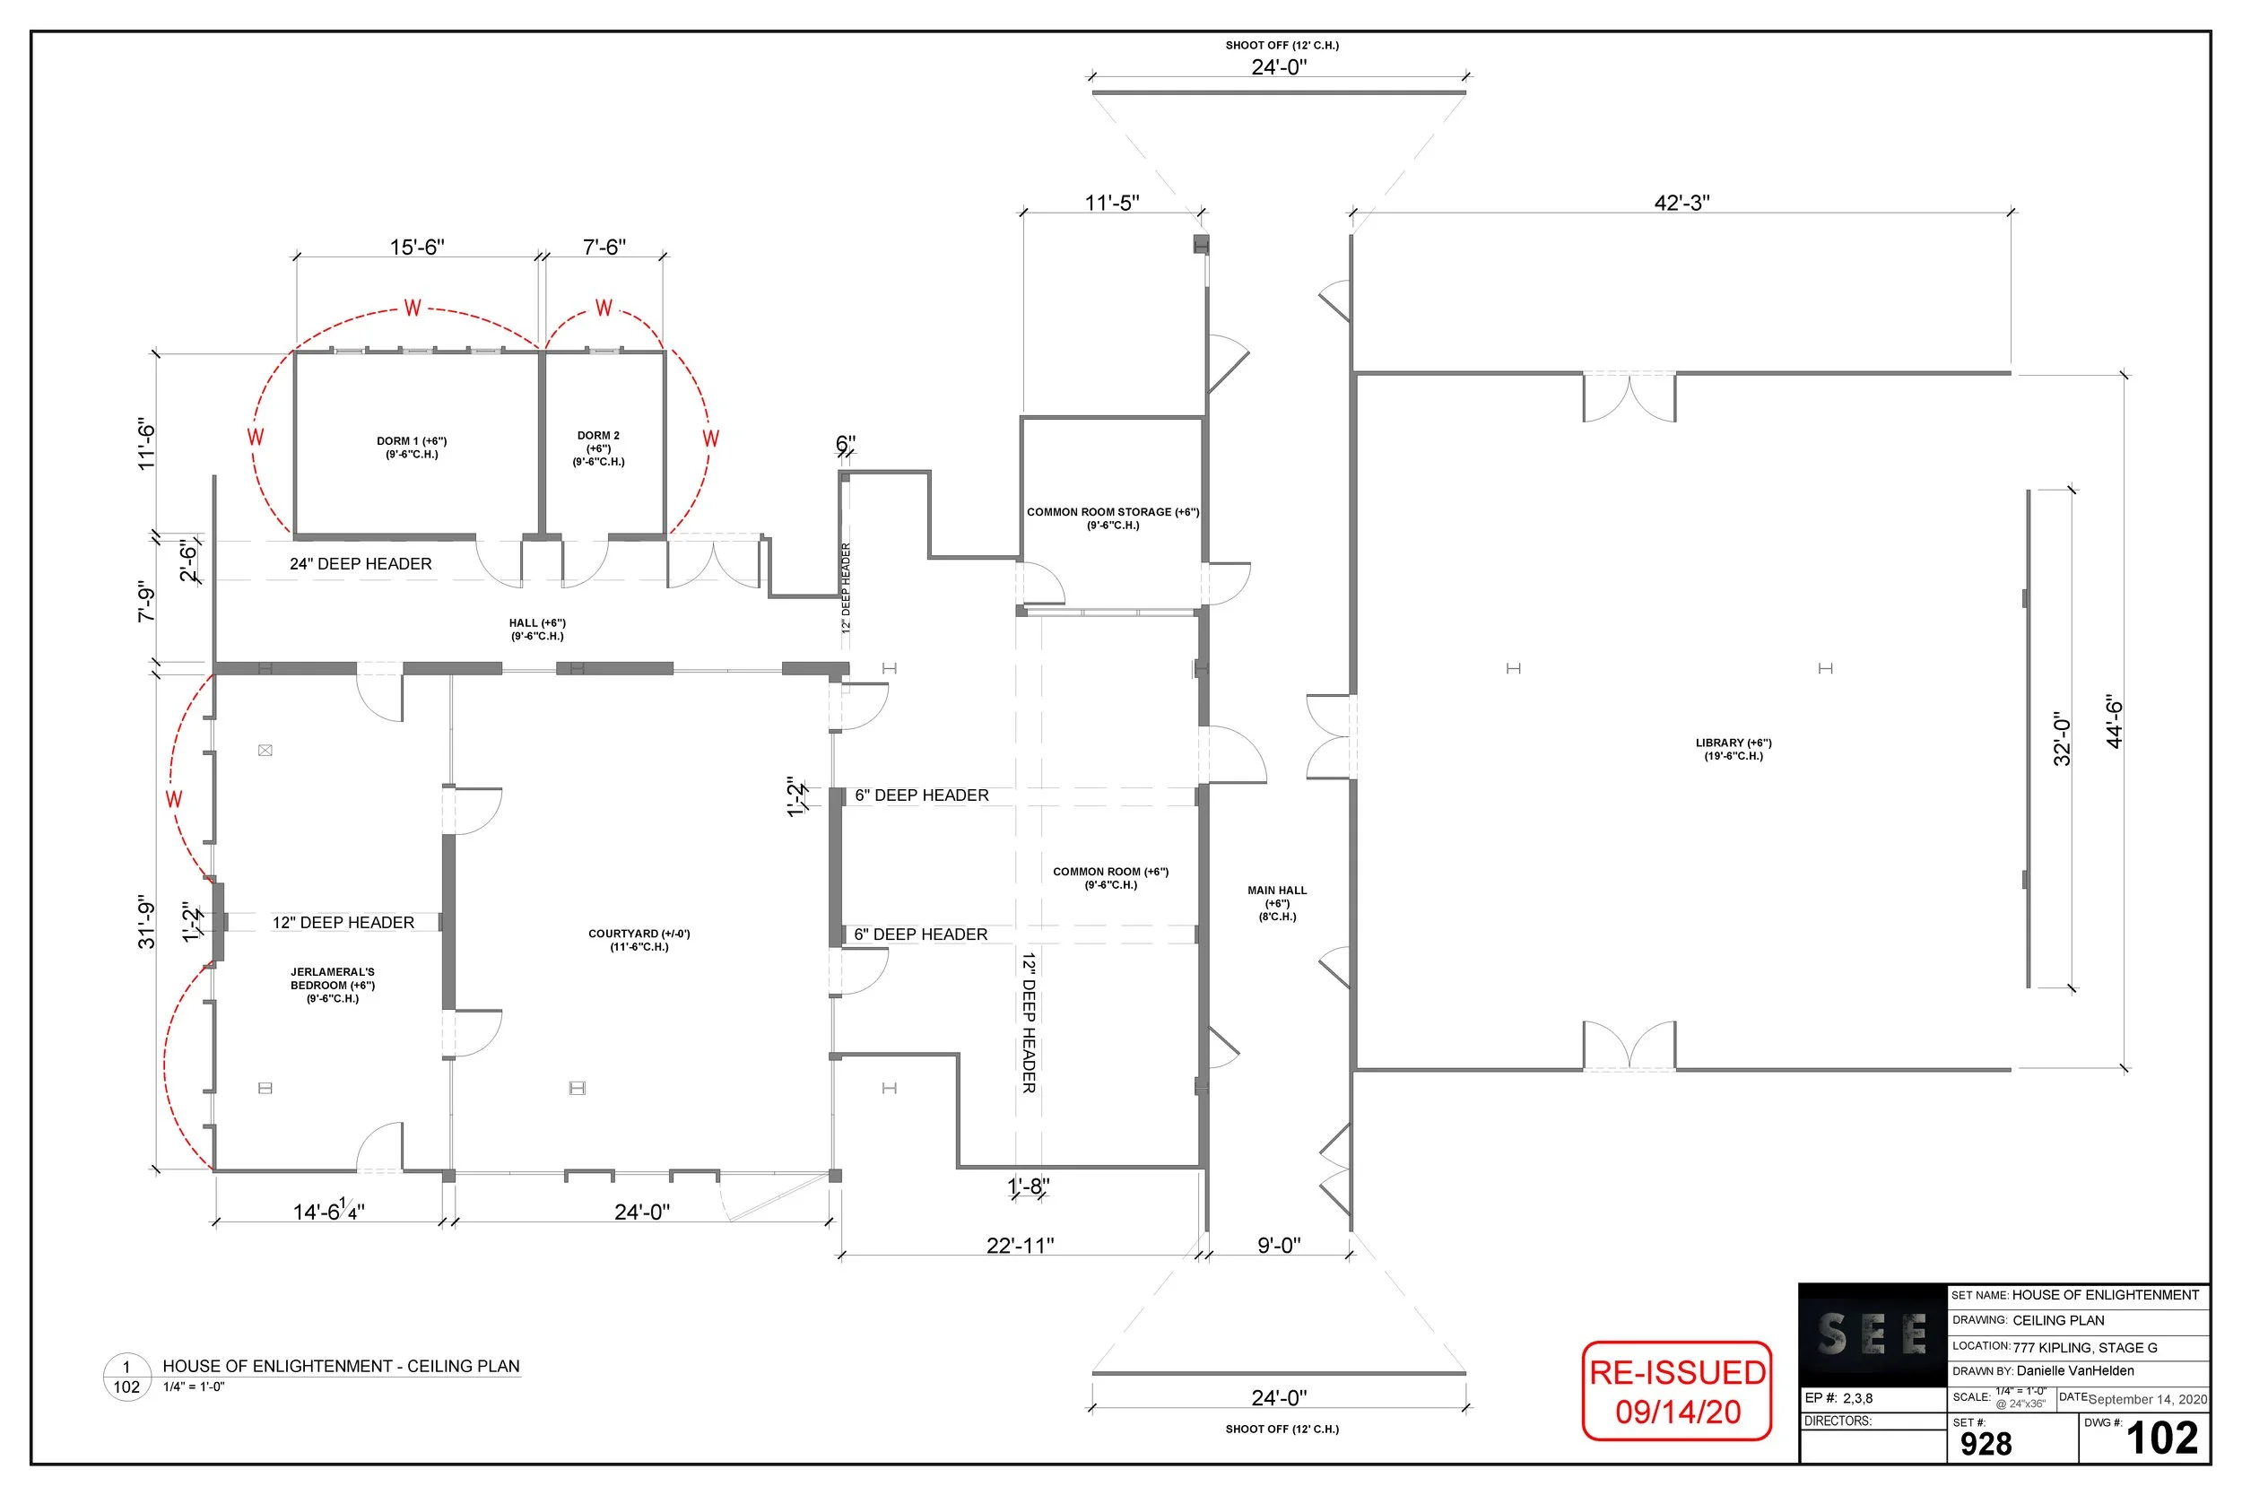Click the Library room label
(1733, 750)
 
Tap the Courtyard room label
(639, 940)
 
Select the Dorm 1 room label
(412, 448)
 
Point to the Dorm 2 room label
(599, 448)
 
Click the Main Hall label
(1277, 903)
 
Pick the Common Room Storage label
(1112, 517)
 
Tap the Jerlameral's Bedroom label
(333, 985)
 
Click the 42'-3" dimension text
(1681, 203)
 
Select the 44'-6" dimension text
(2115, 722)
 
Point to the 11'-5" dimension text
(1111, 203)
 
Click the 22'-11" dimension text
(1020, 1245)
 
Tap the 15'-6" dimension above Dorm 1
(416, 247)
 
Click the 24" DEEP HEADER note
(361, 563)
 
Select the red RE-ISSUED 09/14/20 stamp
(1677, 1391)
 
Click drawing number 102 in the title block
(2161, 1439)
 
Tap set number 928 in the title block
(1986, 1444)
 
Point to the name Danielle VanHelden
(2075, 1371)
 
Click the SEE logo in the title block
(1873, 1334)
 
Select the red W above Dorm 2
(604, 308)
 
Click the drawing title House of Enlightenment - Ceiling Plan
(342, 1366)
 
